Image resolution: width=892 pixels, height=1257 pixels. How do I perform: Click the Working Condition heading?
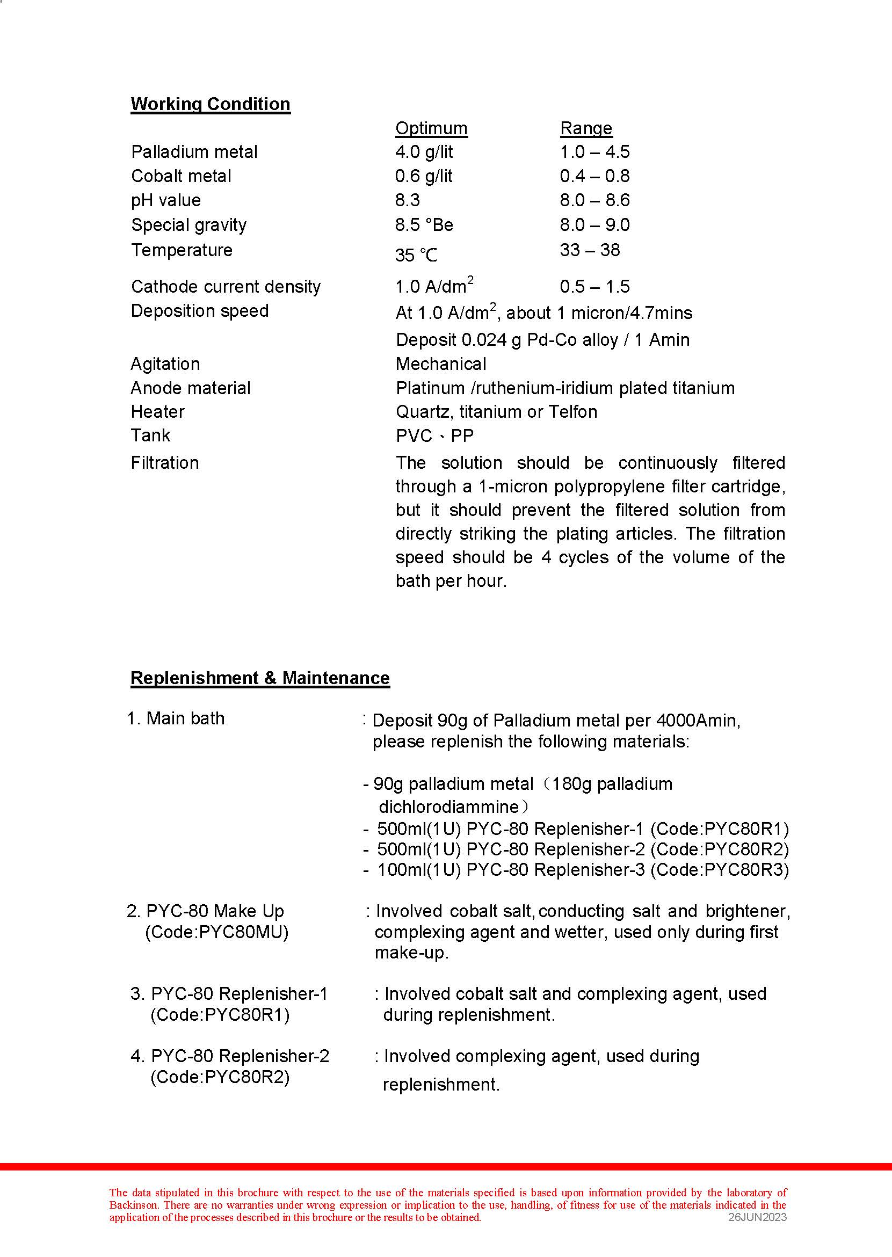pos(211,104)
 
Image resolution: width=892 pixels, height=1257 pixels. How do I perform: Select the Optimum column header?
pos(431,128)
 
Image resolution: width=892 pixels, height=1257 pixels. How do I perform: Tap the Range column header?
pos(585,128)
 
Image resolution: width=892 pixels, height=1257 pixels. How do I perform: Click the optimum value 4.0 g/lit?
pos(424,152)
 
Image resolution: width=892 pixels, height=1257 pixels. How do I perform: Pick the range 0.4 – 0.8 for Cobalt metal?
pos(594,176)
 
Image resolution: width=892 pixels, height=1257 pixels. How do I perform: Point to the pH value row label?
pos(166,200)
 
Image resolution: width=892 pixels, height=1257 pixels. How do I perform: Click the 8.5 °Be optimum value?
pos(424,225)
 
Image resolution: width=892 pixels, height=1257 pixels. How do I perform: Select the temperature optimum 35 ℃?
pos(416,255)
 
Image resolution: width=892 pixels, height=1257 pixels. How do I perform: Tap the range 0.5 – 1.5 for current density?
pos(594,287)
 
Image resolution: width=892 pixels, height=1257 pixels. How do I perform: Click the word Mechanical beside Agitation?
pos(440,364)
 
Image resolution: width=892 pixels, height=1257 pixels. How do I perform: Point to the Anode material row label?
pos(191,388)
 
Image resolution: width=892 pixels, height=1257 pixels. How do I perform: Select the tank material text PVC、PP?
pos(434,436)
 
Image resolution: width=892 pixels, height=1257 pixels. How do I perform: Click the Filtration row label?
pos(165,463)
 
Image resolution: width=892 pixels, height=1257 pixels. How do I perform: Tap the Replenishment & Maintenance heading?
pos(260,678)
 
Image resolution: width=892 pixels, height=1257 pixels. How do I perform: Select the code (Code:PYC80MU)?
pos(217,933)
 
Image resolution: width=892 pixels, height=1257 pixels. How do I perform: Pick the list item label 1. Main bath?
pos(176,718)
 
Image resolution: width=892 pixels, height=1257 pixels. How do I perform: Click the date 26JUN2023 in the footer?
pos(757,1217)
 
